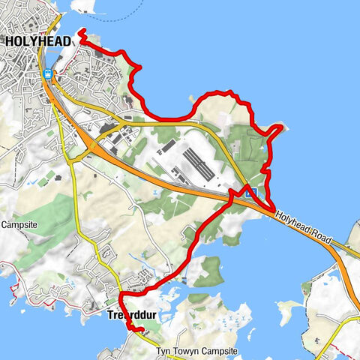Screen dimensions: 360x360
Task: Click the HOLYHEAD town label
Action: click(x=38, y=42)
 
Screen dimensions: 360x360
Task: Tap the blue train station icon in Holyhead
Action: click(x=48, y=73)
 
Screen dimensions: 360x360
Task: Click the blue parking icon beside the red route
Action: click(x=253, y=193)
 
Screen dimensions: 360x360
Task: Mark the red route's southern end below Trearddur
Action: click(x=141, y=330)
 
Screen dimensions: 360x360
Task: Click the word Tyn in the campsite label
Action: click(x=163, y=351)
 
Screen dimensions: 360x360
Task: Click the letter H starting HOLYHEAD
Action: click(x=10, y=42)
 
